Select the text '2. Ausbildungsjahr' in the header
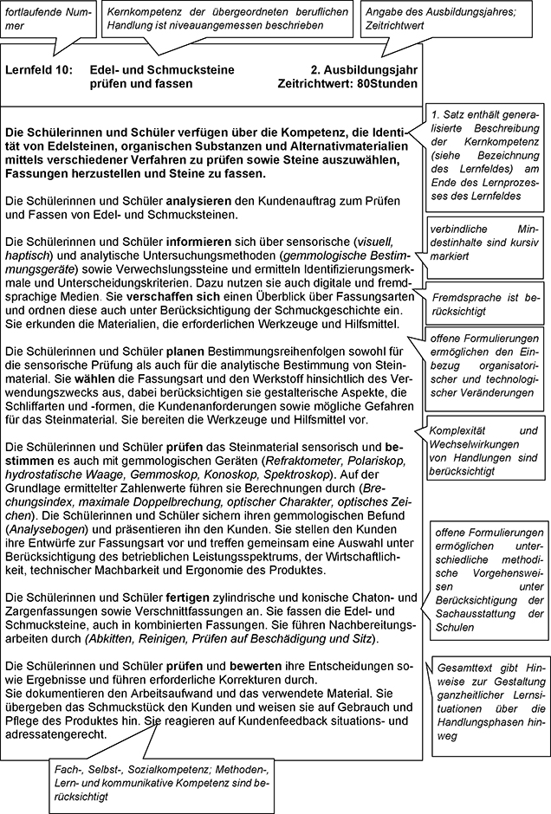(363, 68)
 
